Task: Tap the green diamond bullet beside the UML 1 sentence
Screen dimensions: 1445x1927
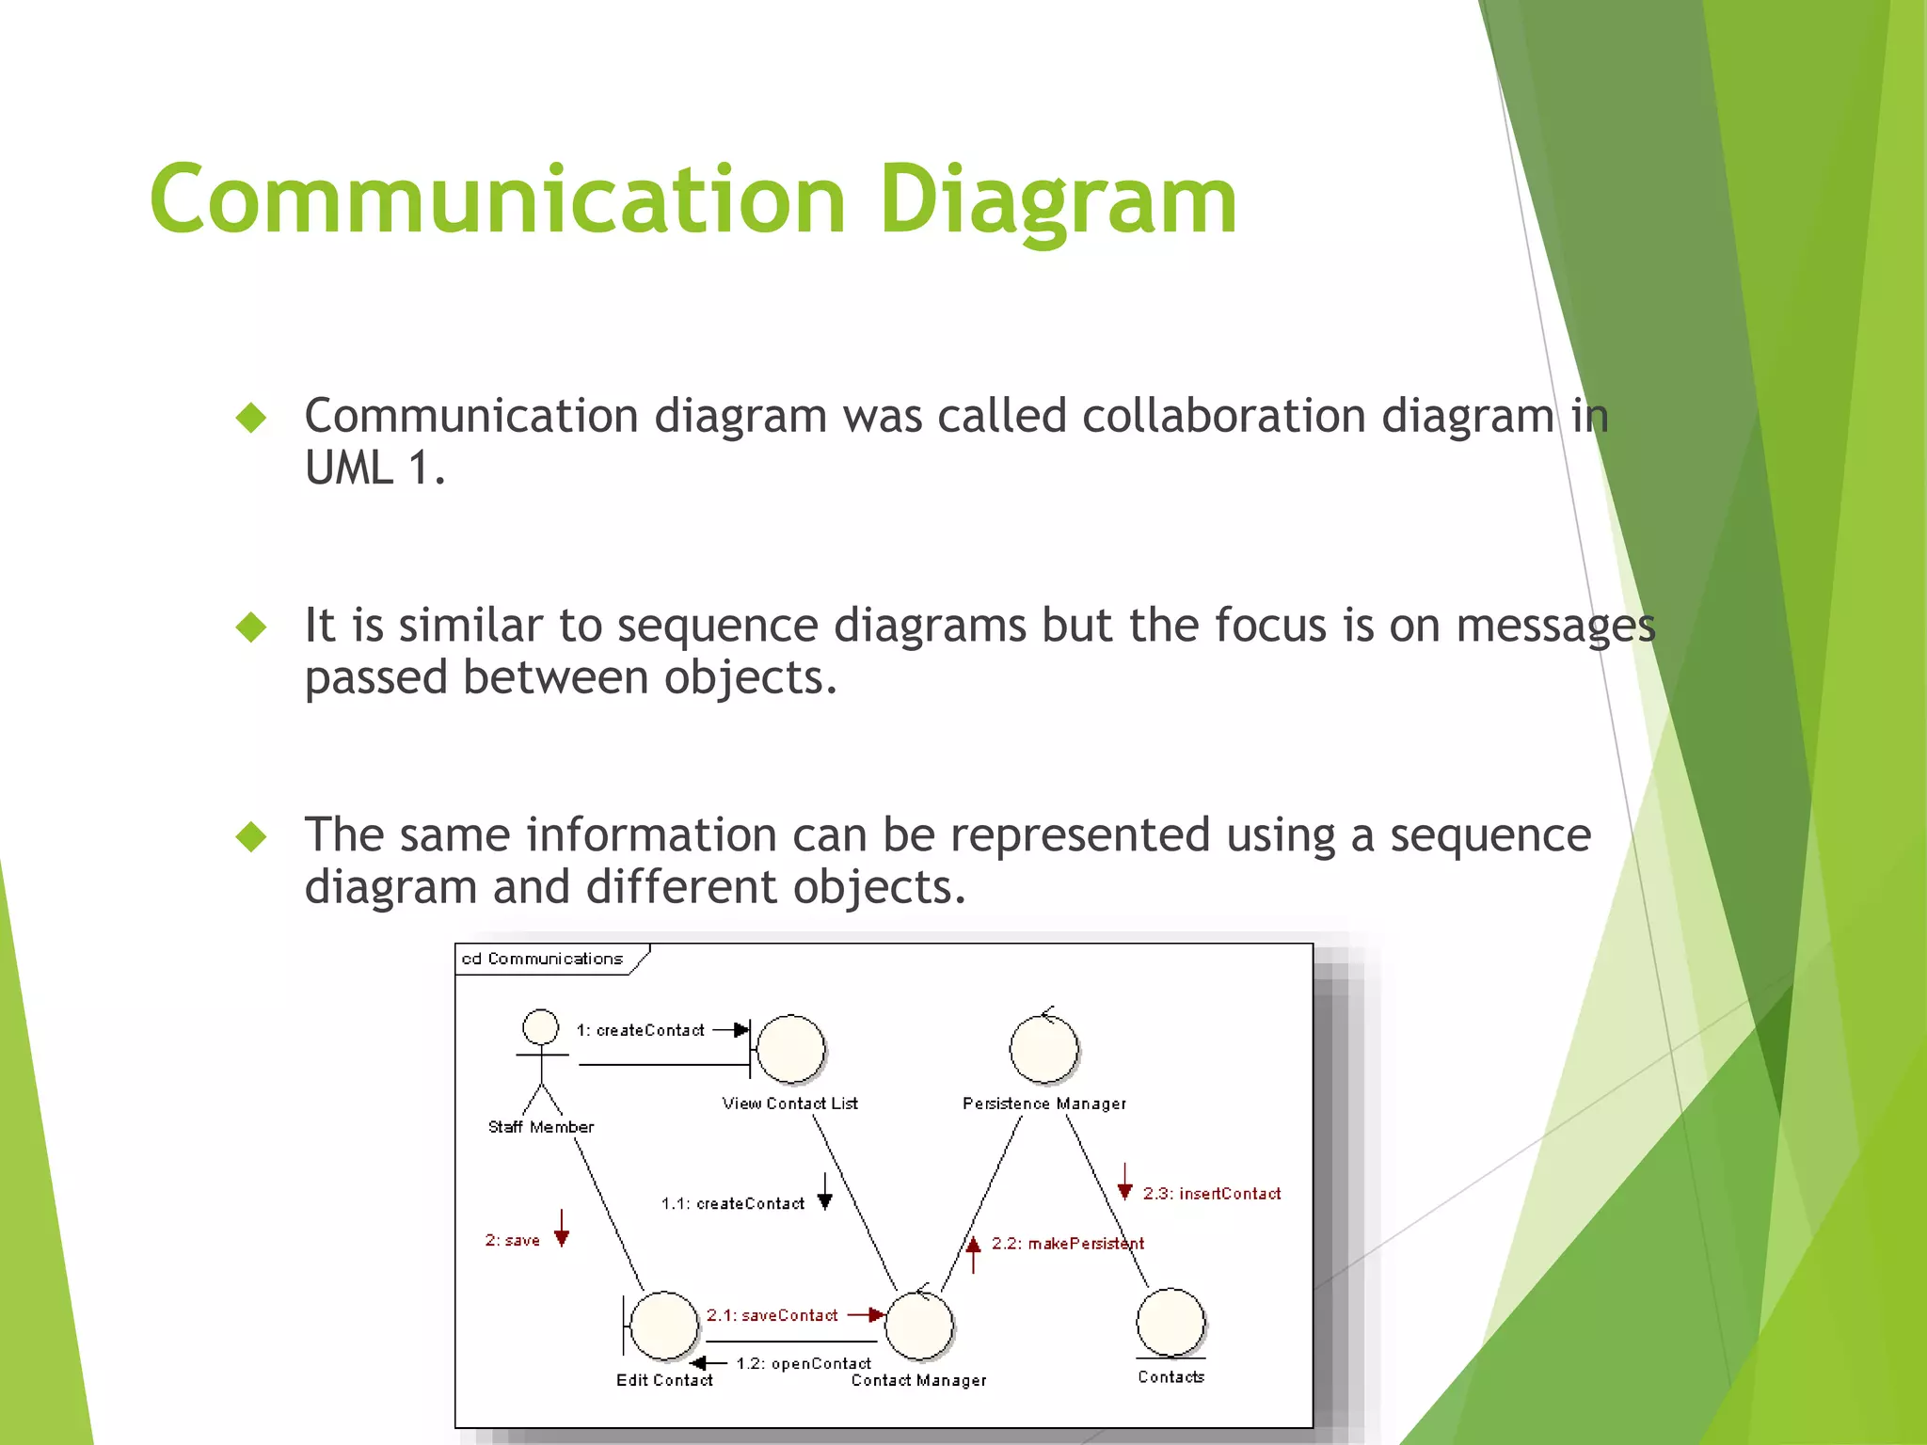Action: [251, 417]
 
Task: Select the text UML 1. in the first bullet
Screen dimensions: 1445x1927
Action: [374, 468]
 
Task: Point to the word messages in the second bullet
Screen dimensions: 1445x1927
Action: [1554, 626]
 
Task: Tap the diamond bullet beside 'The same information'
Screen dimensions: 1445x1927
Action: [251, 835]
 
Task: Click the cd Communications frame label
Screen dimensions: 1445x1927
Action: [542, 959]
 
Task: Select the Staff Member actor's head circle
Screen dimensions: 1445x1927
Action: [541, 1026]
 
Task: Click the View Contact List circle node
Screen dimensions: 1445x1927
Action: [790, 1050]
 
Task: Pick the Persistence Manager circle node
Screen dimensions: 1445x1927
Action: [1043, 1050]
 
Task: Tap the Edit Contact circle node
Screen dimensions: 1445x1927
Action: [663, 1326]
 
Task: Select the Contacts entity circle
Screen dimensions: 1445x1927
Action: [1171, 1323]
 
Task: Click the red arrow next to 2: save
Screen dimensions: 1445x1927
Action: [562, 1229]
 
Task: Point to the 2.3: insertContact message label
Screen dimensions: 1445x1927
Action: [1211, 1194]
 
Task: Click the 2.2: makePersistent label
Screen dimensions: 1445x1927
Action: [1067, 1244]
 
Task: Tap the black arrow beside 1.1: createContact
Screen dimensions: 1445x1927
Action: [825, 1192]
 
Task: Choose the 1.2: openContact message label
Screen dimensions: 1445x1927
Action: [803, 1363]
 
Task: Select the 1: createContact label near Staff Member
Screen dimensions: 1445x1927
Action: [640, 1030]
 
